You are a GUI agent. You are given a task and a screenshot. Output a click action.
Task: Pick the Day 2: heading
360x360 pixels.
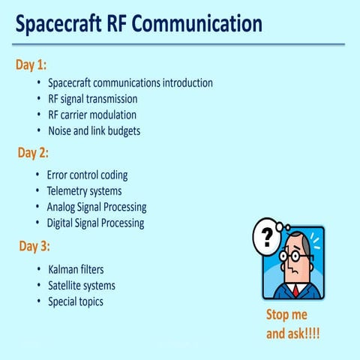(x=33, y=153)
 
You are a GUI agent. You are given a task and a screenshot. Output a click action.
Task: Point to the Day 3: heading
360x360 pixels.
(x=33, y=246)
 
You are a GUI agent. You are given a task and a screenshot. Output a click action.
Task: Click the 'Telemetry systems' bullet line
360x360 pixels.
(x=84, y=190)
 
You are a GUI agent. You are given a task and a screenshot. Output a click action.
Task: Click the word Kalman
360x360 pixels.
(x=65, y=268)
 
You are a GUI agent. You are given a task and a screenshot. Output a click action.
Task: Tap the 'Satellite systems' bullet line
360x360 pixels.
(x=81, y=285)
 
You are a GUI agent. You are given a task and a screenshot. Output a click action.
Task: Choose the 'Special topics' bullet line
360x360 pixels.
(x=75, y=301)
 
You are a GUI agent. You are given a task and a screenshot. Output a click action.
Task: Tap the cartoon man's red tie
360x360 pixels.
(x=296, y=289)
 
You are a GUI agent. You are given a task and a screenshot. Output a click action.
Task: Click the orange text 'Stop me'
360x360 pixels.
(x=287, y=314)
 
